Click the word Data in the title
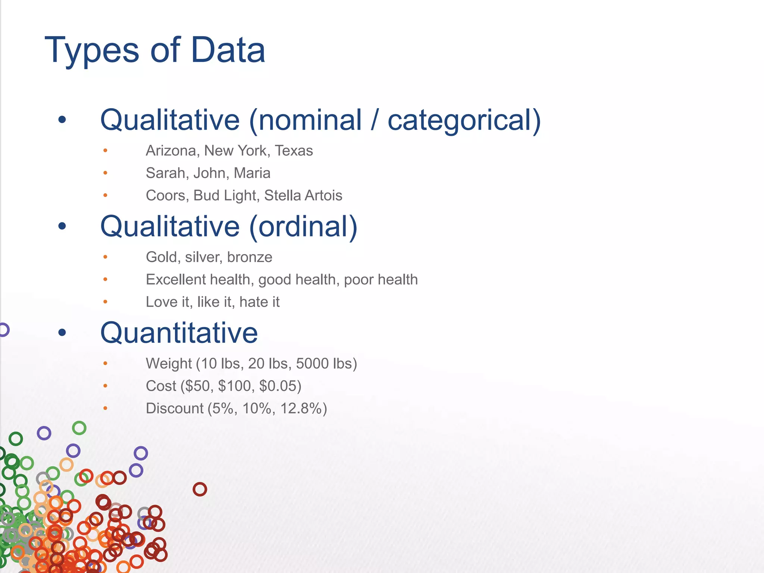228,50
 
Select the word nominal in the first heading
310,120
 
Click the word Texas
294,151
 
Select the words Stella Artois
303,195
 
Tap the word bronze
250,257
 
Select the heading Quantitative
179,333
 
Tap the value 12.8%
301,408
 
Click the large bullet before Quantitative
62,332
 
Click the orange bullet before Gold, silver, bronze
106,257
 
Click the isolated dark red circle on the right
200,489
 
